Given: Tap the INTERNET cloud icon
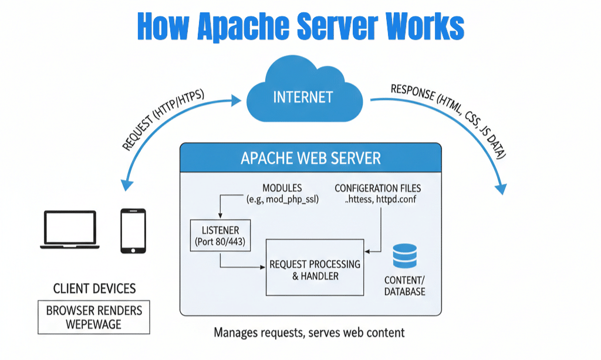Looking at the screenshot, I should tap(302, 95).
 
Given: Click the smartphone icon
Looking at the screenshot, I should tap(133, 231).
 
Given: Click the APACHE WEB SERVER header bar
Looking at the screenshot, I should tap(310, 158).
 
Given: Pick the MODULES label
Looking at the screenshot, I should tap(282, 189).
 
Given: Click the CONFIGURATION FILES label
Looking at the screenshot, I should tap(377, 189).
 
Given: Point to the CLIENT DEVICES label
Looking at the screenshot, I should tap(94, 289).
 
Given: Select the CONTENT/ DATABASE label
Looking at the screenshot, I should tap(405, 285).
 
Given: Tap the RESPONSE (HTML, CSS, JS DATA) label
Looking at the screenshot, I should tap(448, 118).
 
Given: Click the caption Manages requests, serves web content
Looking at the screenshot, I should tap(309, 333).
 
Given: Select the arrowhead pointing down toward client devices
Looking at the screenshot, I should tap(124, 184).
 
